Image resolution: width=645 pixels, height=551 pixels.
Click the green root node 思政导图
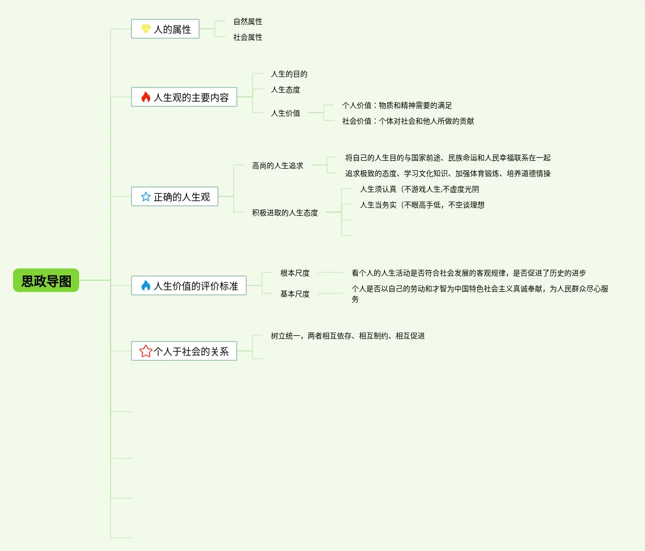pos(46,281)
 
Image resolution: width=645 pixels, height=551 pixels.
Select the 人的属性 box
pos(166,29)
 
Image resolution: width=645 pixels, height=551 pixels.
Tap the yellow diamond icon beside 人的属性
pos(146,29)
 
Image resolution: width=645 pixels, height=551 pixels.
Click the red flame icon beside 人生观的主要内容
pos(146,97)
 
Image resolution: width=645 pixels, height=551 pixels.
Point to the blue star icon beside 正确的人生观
pos(146,197)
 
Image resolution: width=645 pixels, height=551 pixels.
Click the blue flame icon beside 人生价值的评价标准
pos(146,285)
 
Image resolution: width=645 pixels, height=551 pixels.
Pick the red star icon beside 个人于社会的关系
pos(146,351)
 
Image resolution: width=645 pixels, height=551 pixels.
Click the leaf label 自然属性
pos(248,21)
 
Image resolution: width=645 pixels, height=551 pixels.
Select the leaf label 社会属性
pos(248,37)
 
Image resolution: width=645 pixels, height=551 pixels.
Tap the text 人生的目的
pos(289,74)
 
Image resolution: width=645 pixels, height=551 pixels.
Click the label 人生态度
pos(286,90)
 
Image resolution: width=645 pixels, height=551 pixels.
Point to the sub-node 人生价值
pos(286,113)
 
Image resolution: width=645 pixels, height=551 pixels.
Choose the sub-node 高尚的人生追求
pos(278,166)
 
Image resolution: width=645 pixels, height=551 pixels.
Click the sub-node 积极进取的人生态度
pos(285,213)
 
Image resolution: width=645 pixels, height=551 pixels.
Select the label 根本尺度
pos(295,273)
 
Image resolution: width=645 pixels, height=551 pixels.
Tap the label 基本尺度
pos(295,294)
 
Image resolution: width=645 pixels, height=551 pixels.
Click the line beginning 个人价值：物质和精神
pos(397,105)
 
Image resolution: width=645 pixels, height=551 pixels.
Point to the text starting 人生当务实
pos(422,205)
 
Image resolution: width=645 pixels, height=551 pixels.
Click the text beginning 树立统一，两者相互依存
pos(348,336)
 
